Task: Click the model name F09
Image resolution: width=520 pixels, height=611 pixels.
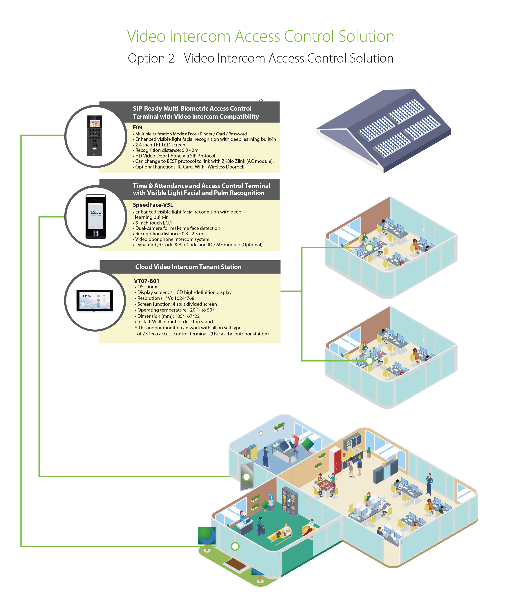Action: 137,127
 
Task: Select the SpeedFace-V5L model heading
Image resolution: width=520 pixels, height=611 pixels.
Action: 153,205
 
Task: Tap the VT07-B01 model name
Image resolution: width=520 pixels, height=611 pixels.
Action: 147,281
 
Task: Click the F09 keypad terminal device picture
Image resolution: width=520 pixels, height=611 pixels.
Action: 94,136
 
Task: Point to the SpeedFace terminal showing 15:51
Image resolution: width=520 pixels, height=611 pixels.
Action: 96,217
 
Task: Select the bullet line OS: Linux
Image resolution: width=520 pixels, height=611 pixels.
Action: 147,287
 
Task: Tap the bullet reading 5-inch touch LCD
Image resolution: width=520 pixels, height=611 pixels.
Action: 153,223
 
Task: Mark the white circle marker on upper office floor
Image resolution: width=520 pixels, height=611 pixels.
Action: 369,247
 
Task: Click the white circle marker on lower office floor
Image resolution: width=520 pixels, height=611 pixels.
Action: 369,360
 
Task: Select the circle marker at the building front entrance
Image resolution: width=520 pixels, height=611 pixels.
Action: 235,546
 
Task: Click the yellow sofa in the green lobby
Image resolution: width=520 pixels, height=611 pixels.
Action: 280,535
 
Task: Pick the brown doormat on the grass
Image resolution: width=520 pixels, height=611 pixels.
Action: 236,564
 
